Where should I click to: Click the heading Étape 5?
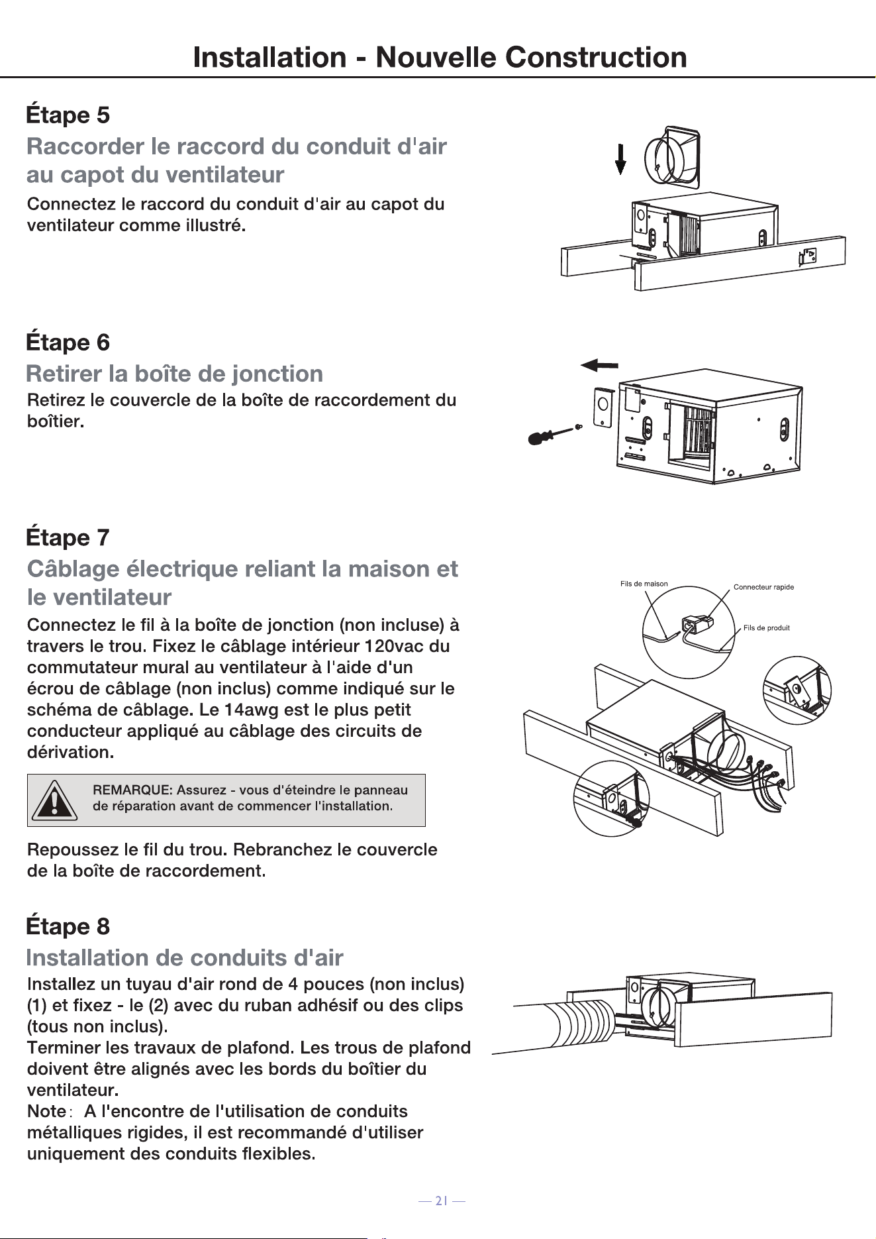pyautogui.click(x=68, y=115)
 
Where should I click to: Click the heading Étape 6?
pyautogui.click(x=68, y=343)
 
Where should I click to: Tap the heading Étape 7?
pyautogui.click(x=68, y=537)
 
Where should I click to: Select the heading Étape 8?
pyautogui.click(x=68, y=926)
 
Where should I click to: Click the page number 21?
pyautogui.click(x=442, y=1200)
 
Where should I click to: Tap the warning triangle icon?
pyautogui.click(x=54, y=800)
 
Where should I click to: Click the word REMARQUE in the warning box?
pyautogui.click(x=132, y=790)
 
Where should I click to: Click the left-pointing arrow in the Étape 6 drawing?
pyautogui.click(x=599, y=364)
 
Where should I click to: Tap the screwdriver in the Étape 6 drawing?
pyautogui.click(x=551, y=435)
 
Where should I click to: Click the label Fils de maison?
pyautogui.click(x=644, y=584)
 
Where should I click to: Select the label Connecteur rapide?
pyautogui.click(x=763, y=587)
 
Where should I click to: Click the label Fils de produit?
pyautogui.click(x=766, y=628)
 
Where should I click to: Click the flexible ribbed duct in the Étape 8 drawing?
pyautogui.click(x=583, y=1024)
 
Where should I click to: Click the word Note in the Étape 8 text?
pyautogui.click(x=46, y=1111)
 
